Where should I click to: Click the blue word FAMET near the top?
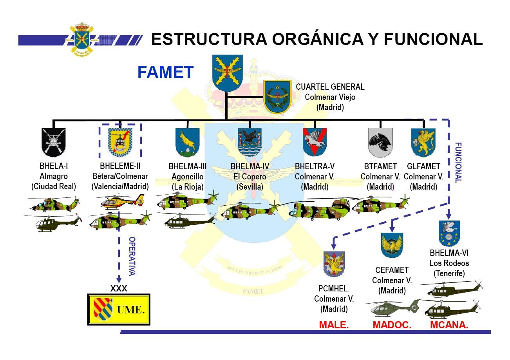coord(166,72)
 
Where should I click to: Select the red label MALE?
coord(334,325)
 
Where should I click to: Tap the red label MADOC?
coord(392,325)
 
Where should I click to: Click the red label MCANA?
coord(449,325)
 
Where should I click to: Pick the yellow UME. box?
coord(119,309)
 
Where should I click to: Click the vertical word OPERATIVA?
coord(132,256)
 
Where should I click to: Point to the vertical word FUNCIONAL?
coord(458,163)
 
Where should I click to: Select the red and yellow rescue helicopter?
coord(122,200)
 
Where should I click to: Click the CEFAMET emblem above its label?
coord(392,245)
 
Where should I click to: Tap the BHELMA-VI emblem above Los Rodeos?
coord(449,233)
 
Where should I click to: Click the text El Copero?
coord(250,177)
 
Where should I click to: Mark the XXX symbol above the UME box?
coord(119,288)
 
